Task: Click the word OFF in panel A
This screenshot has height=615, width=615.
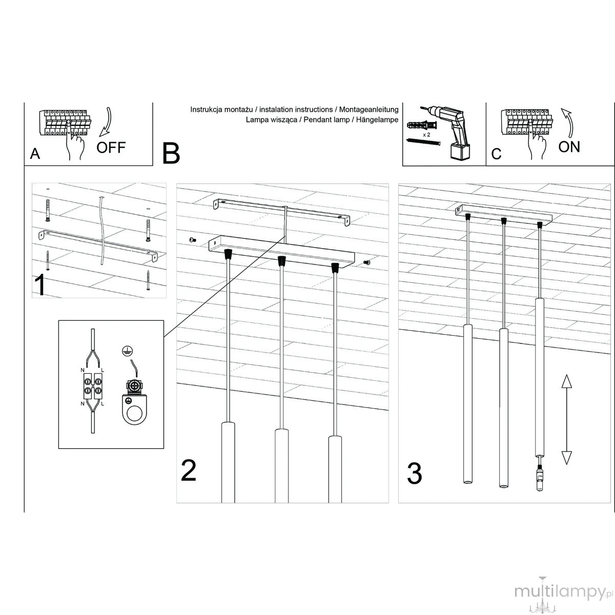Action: pyautogui.click(x=111, y=148)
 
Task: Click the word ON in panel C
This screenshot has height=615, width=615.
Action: pyautogui.click(x=569, y=147)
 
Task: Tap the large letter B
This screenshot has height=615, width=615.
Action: pyautogui.click(x=171, y=154)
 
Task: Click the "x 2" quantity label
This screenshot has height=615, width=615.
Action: pyautogui.click(x=426, y=135)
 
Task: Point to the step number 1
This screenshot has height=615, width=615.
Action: pyautogui.click(x=40, y=284)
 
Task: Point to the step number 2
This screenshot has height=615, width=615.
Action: pyautogui.click(x=188, y=470)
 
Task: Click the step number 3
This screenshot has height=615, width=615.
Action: pyautogui.click(x=415, y=474)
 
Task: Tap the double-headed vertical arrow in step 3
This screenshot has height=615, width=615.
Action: pyautogui.click(x=566, y=419)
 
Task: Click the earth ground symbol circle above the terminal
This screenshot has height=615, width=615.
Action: pyautogui.click(x=127, y=351)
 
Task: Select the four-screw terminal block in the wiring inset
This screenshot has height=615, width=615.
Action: pyautogui.click(x=93, y=386)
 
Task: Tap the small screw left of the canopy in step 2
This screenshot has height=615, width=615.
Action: pyautogui.click(x=192, y=240)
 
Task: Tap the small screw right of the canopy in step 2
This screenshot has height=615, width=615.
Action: pyautogui.click(x=367, y=262)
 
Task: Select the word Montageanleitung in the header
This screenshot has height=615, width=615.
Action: pyautogui.click(x=368, y=110)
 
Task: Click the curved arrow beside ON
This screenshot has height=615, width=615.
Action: pyautogui.click(x=568, y=123)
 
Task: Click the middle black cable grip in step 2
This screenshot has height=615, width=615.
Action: pyautogui.click(x=281, y=261)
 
